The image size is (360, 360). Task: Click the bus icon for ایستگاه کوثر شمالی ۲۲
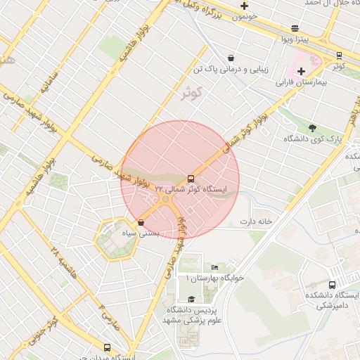coord(191,179)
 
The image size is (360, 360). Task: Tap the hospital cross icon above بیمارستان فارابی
coord(301,71)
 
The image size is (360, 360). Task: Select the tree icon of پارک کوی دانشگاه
coord(312,128)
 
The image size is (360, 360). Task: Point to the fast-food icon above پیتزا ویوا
coord(294,28)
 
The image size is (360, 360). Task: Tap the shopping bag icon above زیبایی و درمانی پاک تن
coord(231,58)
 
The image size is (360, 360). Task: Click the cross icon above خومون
coord(244,6)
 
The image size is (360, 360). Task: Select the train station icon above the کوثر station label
coord(339,55)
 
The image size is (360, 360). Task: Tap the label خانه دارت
coord(256,222)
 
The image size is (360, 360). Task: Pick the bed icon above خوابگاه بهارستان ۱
coord(214,267)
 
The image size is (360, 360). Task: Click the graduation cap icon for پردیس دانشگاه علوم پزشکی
coord(191,299)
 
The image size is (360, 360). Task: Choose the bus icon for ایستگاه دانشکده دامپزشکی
coord(332,285)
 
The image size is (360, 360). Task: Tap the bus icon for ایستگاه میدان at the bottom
coord(107,347)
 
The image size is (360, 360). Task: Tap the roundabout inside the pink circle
coord(167,200)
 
